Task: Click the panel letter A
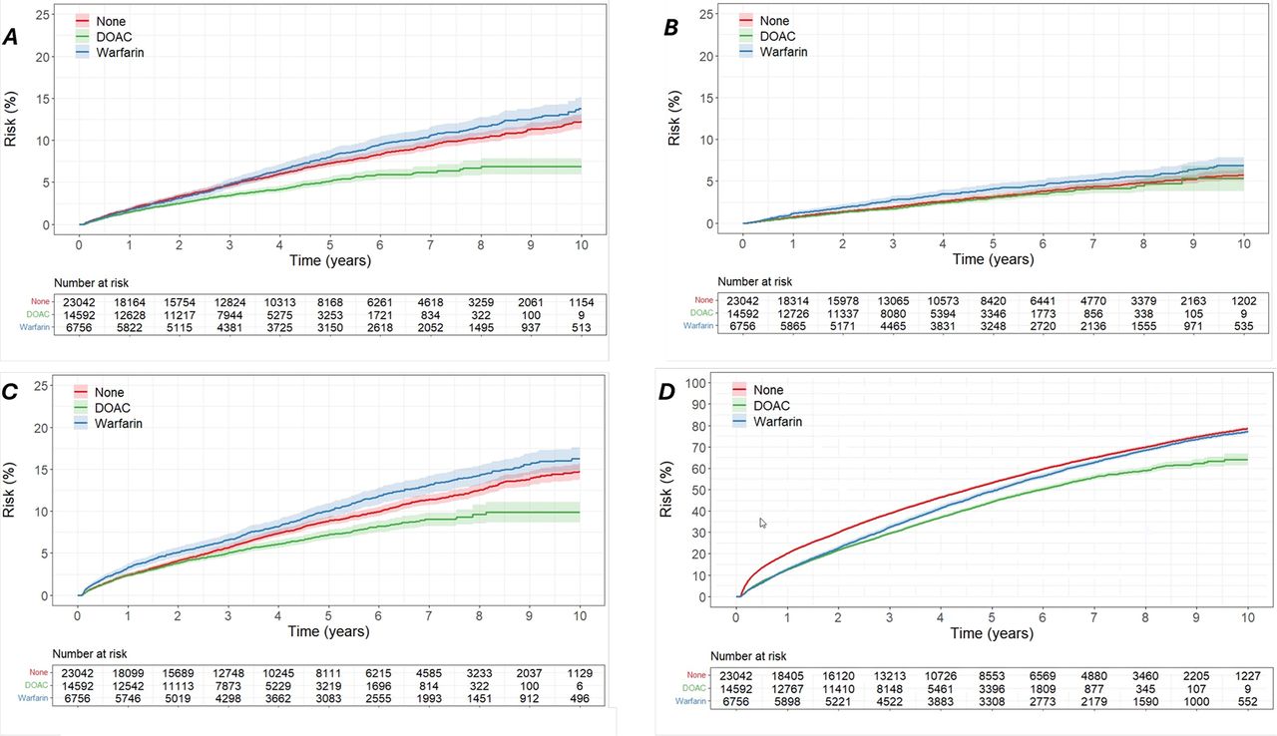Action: [11, 38]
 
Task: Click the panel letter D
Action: [667, 392]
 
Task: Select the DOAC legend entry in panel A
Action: [105, 37]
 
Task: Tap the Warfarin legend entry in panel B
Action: [773, 52]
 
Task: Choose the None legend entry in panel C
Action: [99, 393]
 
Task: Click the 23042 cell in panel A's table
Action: [79, 302]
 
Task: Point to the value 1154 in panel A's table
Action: [581, 302]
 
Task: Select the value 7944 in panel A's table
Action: [229, 315]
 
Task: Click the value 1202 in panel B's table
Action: [1243, 301]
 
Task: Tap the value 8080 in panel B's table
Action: [893, 313]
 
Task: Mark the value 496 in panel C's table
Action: [580, 699]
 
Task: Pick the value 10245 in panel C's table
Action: [278, 673]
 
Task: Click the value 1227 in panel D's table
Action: [1247, 676]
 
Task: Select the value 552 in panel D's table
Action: [1247, 702]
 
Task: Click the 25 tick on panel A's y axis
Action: [42, 14]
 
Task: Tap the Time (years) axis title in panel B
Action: [993, 259]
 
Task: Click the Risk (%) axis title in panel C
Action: [9, 490]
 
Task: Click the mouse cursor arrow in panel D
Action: [763, 523]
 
